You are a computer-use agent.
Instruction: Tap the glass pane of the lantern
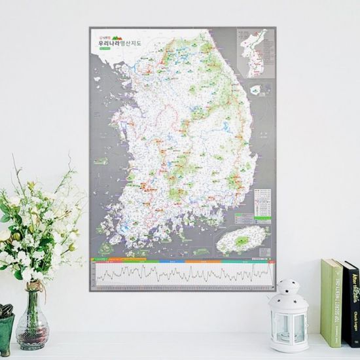[x=289, y=323]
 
